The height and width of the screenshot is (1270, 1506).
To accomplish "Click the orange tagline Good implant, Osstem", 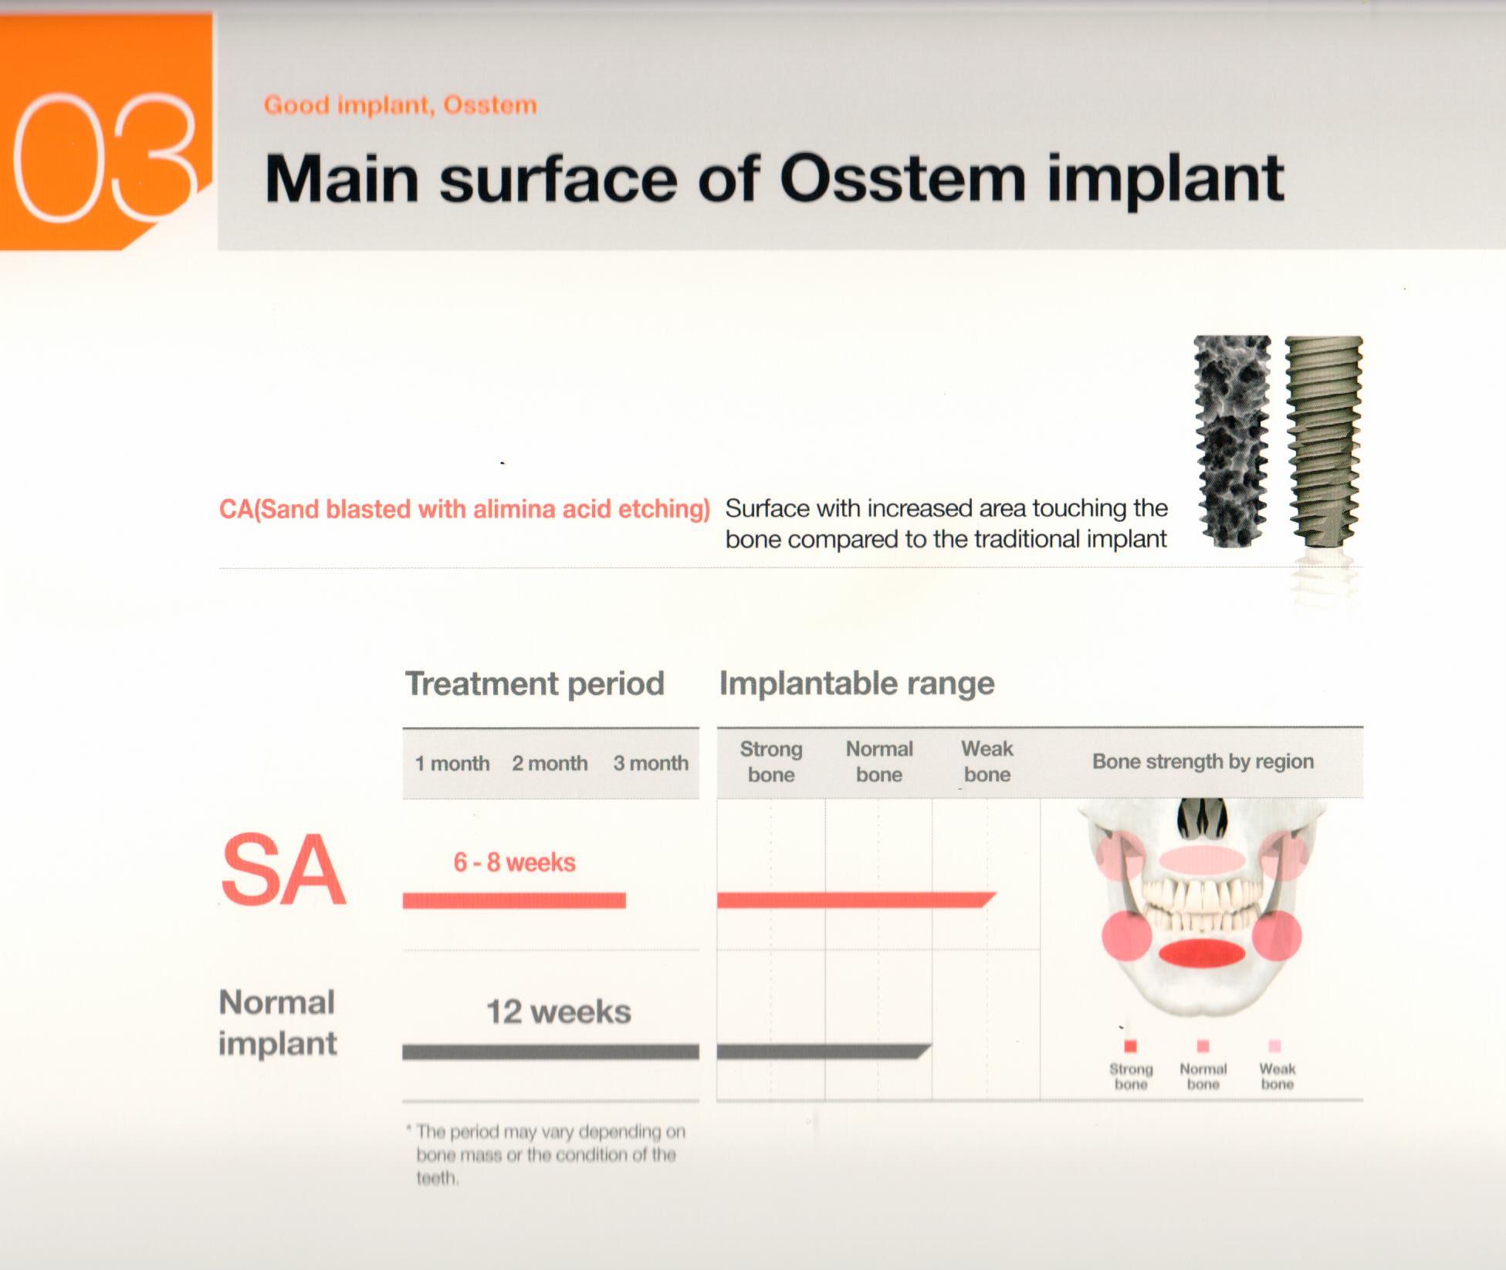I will tap(400, 105).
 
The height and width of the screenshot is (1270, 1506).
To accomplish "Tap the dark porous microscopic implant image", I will tap(1231, 441).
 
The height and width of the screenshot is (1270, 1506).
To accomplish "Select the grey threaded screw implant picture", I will tap(1323, 441).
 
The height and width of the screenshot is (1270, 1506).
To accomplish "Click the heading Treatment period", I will tap(534, 683).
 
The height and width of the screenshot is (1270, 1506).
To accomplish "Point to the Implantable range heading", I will tap(856, 683).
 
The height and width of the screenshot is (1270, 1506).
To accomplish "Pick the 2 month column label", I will tap(549, 764).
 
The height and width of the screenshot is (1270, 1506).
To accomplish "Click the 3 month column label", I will tap(650, 764).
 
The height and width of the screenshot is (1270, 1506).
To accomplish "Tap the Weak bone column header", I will tap(987, 761).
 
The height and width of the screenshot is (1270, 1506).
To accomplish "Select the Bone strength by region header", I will tap(1202, 761).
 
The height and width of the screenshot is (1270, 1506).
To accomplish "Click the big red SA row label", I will tap(283, 871).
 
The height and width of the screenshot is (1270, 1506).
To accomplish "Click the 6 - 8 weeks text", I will tap(514, 862).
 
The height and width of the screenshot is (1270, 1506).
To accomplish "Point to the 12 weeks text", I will tap(558, 1012).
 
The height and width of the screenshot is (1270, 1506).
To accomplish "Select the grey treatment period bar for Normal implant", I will tap(550, 1052).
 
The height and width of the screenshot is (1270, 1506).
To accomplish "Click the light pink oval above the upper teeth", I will tap(1202, 859).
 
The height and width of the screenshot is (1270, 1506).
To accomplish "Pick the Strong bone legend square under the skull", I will tap(1131, 1046).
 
